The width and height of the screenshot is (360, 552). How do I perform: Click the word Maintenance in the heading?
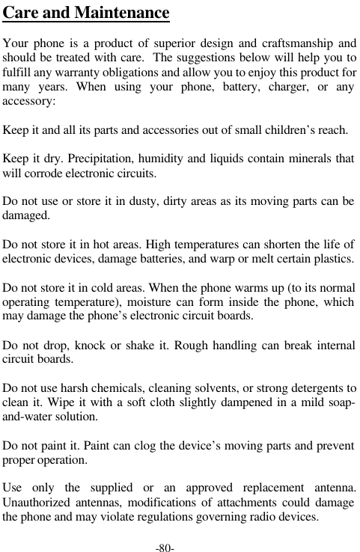pyautogui.click(x=120, y=14)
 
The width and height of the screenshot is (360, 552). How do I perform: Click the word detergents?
pyautogui.click(x=317, y=389)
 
